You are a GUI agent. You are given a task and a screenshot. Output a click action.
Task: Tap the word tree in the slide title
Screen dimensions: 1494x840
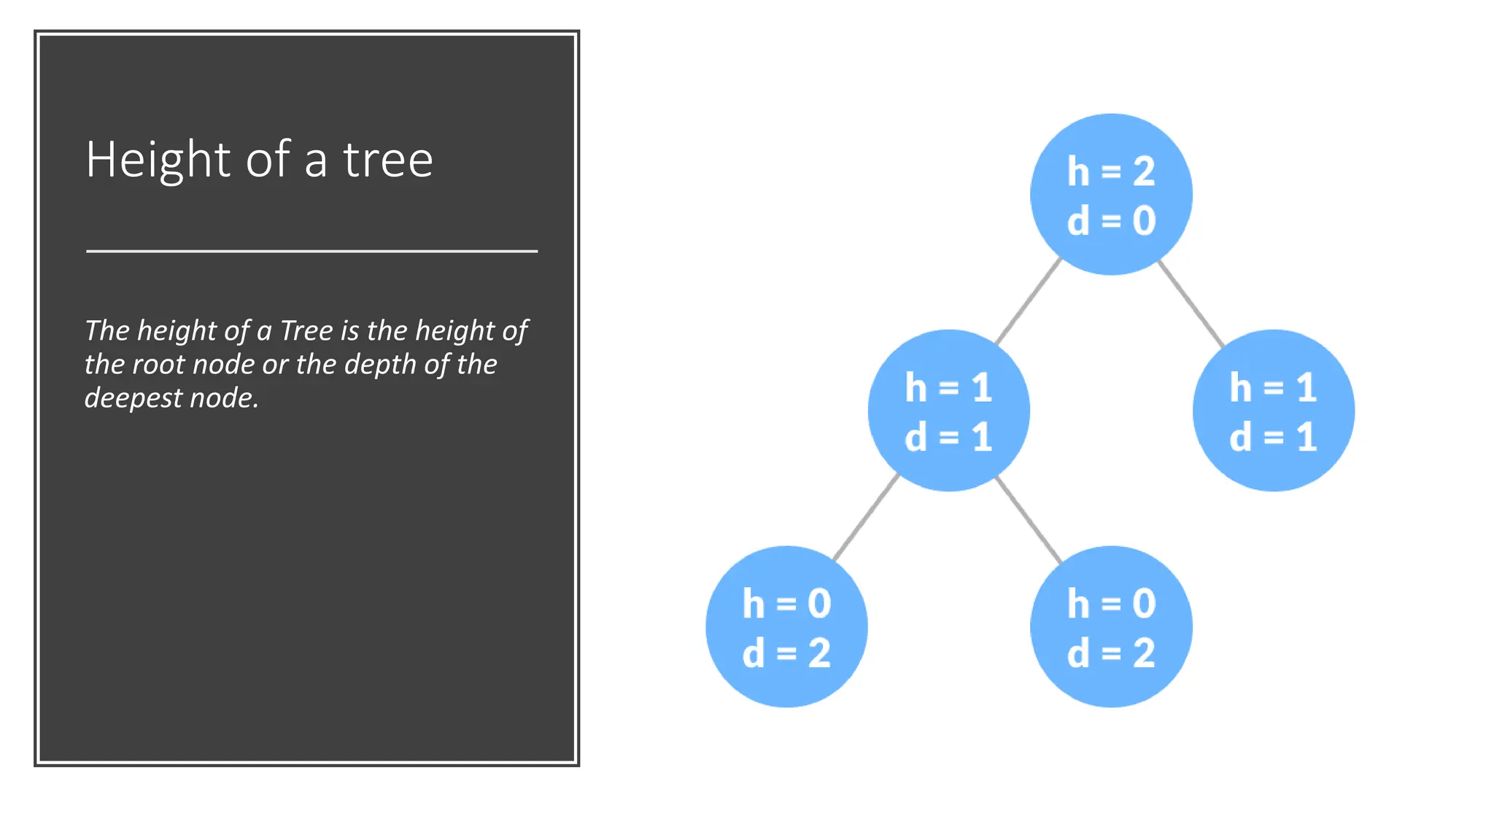(x=388, y=160)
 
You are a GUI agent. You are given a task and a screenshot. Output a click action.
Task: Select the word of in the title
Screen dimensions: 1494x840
(x=268, y=160)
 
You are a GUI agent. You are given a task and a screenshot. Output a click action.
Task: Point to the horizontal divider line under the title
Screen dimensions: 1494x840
(x=311, y=251)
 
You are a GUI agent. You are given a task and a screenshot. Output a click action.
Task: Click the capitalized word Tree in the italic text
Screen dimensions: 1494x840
(x=306, y=330)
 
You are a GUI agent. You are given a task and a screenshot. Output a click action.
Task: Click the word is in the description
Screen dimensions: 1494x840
(x=350, y=330)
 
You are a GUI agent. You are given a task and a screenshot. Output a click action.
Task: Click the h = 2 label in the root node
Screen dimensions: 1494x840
(x=1111, y=171)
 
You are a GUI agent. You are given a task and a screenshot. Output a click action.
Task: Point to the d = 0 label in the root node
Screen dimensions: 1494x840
(x=1111, y=220)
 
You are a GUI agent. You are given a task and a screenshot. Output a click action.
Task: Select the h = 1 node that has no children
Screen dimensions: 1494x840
(x=1273, y=411)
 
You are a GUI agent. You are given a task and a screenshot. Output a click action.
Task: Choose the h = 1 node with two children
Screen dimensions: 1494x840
(x=948, y=411)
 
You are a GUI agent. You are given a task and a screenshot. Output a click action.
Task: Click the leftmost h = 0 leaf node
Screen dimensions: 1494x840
(x=786, y=626)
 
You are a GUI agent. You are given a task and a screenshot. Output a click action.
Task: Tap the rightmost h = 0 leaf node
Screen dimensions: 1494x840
(x=1111, y=626)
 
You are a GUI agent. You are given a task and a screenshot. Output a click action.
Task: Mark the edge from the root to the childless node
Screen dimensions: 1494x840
(x=1191, y=303)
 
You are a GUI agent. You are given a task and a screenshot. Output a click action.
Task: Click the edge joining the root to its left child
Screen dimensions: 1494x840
(x=1029, y=301)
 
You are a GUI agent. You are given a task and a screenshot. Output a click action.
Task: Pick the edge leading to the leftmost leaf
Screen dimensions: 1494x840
(x=866, y=518)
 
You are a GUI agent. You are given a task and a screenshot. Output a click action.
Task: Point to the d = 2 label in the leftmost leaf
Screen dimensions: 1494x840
(x=786, y=653)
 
